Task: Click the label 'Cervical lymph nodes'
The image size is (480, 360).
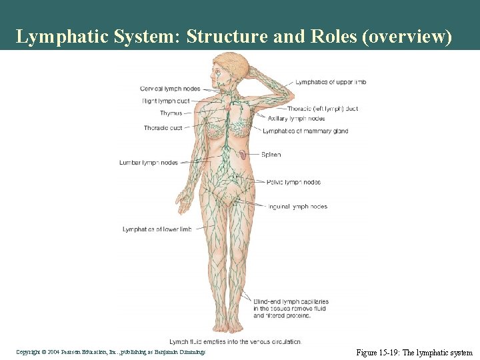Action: (170, 89)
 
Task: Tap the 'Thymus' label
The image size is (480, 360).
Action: (171, 113)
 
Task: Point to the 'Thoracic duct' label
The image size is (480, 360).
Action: (163, 128)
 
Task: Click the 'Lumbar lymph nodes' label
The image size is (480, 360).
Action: (149, 162)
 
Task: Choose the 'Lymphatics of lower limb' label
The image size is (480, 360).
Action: (157, 229)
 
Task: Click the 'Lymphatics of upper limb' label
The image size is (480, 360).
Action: (331, 82)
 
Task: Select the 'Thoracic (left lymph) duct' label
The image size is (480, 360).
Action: (323, 109)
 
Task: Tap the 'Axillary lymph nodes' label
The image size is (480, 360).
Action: (296, 119)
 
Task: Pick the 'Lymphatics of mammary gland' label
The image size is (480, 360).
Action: (305, 131)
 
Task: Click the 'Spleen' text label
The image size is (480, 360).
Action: (271, 155)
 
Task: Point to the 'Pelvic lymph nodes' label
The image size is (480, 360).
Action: (293, 182)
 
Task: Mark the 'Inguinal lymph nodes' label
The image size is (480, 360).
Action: (297, 207)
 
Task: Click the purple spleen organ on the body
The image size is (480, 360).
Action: (245, 155)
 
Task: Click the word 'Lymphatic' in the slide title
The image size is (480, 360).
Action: (61, 37)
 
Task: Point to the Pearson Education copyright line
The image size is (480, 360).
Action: (111, 351)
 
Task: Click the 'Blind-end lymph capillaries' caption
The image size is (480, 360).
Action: (291, 302)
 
